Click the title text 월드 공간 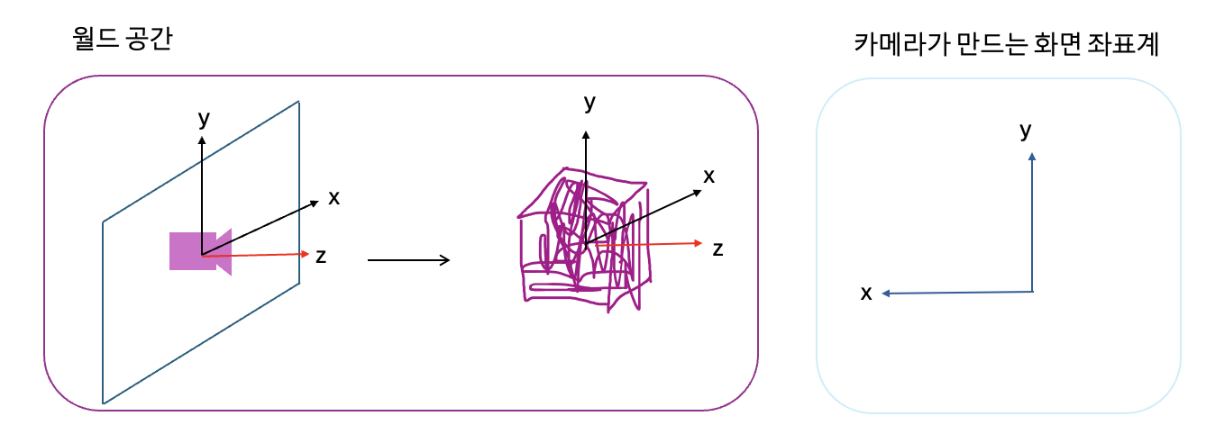(x=122, y=39)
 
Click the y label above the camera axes (x=203, y=118)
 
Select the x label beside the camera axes (x=334, y=197)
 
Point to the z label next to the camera (x=320, y=256)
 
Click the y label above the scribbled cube (x=589, y=104)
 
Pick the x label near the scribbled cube (x=709, y=176)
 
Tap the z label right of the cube (x=717, y=249)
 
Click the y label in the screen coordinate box (x=1025, y=131)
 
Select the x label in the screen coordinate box (x=866, y=293)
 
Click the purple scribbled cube (x=581, y=239)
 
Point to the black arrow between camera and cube (x=408, y=260)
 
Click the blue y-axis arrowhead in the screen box (x=1032, y=157)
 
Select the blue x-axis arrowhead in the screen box (x=887, y=293)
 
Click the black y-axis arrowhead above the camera (x=202, y=140)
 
